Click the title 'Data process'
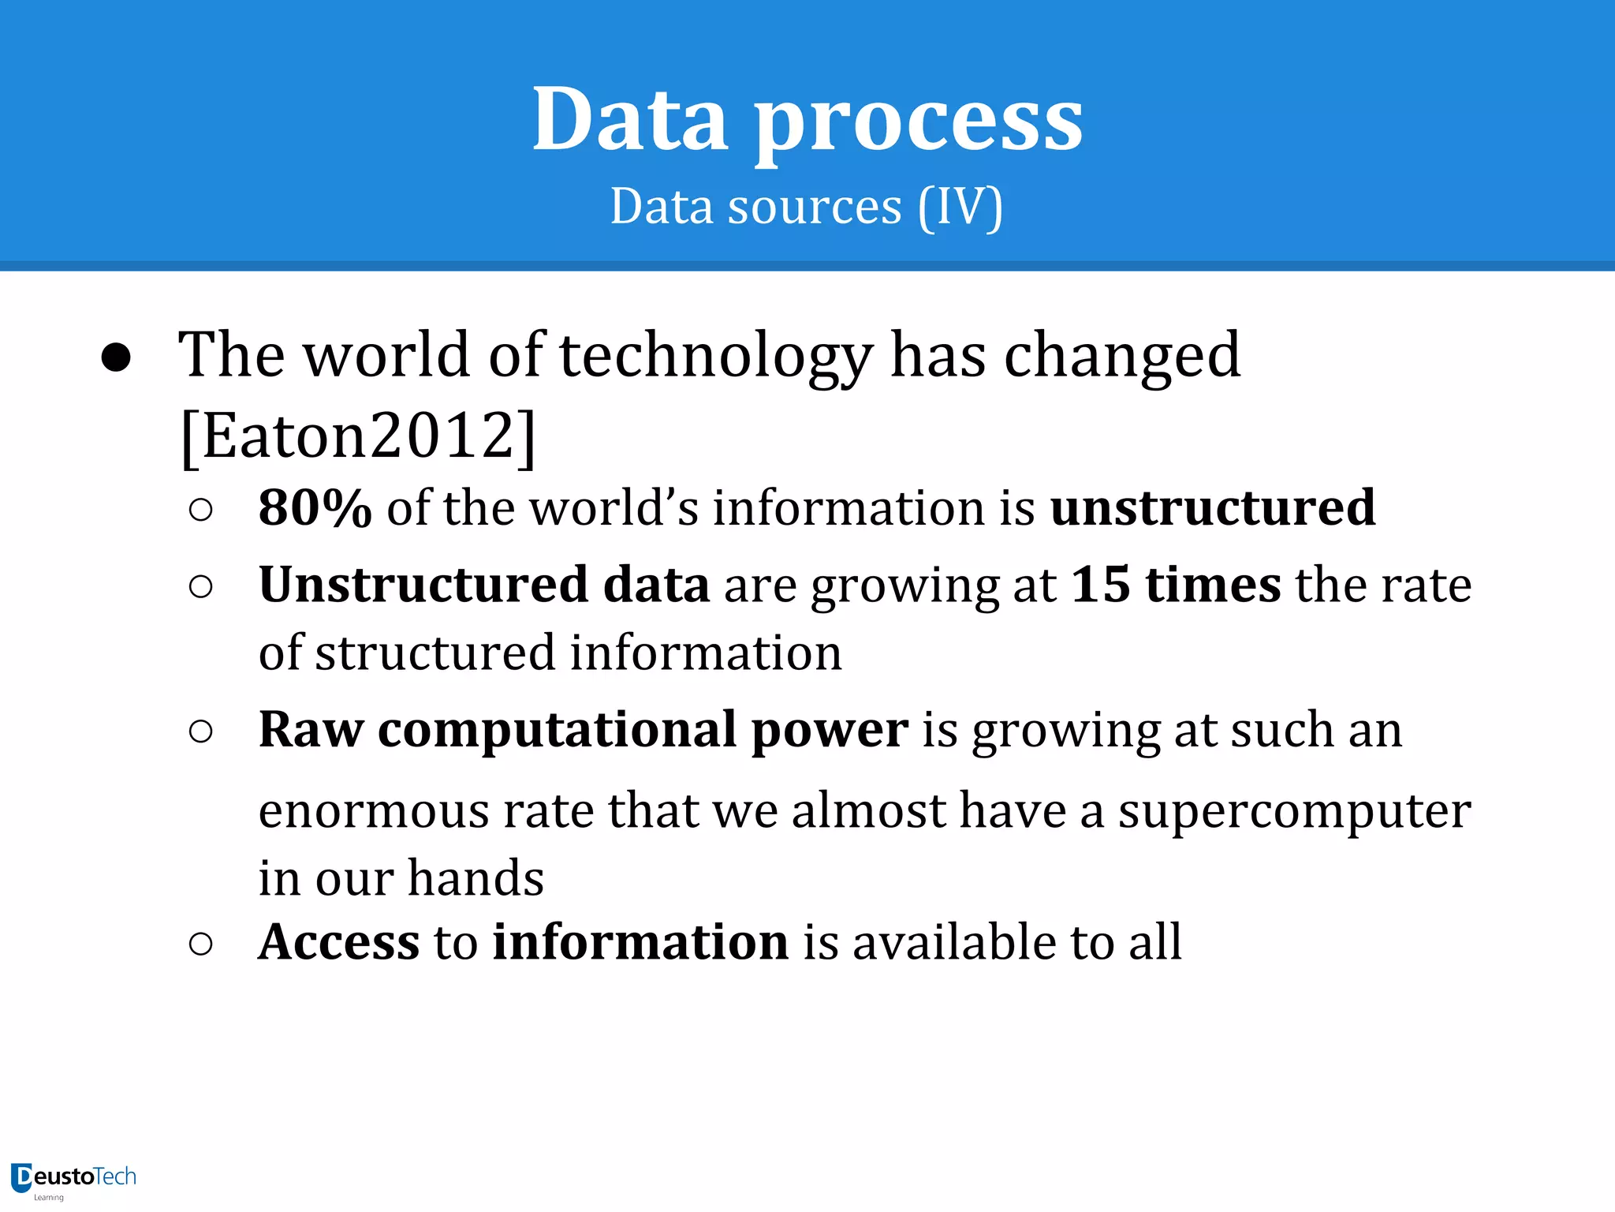tap(807, 120)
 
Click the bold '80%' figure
tap(315, 507)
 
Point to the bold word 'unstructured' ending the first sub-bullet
tap(1213, 507)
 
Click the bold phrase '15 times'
tap(1176, 585)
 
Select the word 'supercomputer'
tap(1294, 811)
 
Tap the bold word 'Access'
tap(339, 941)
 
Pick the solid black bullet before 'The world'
tap(116, 357)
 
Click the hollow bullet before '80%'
tap(201, 510)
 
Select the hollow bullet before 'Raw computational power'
tap(201, 731)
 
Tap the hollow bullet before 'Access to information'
tap(201, 944)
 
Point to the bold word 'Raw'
tap(311, 729)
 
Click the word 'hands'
tap(476, 878)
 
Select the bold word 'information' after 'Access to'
tap(640, 941)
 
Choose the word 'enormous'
tap(374, 811)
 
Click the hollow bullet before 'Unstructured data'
tap(201, 586)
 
